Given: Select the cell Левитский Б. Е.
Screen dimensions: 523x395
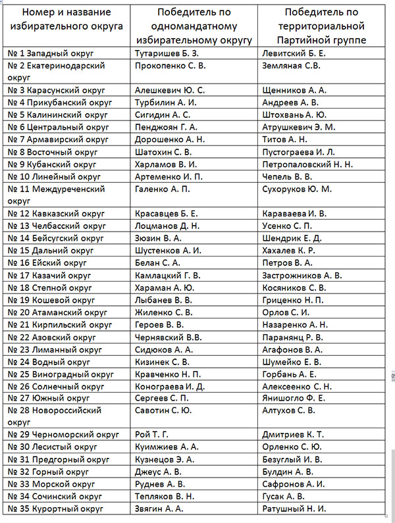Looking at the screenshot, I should (294, 53).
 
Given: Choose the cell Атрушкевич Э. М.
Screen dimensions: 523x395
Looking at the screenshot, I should (298, 127).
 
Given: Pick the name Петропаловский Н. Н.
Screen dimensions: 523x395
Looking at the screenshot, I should (307, 164).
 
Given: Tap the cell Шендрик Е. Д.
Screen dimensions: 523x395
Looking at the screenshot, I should (292, 238).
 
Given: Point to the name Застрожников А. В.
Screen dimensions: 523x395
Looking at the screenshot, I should (302, 276).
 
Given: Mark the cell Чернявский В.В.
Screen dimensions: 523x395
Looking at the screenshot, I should (164, 337).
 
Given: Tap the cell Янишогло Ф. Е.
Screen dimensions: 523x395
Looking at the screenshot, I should (294, 399).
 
